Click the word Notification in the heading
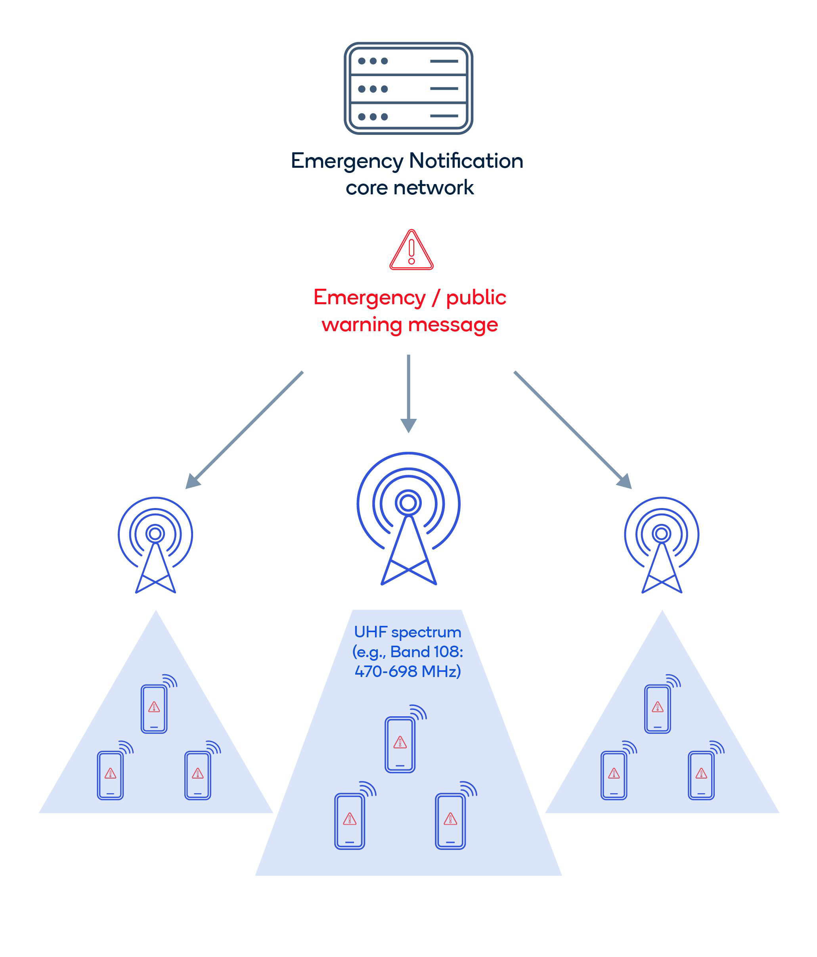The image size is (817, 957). tap(466, 161)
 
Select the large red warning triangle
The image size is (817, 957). tap(411, 251)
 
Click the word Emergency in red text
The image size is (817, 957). tap(369, 297)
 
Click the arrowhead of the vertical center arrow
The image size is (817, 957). tap(408, 424)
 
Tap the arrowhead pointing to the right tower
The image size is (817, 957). tap(624, 481)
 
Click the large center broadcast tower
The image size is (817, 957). tap(408, 517)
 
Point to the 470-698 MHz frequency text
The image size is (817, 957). tap(407, 671)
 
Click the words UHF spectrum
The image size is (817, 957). tap(407, 632)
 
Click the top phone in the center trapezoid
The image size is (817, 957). tap(400, 744)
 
